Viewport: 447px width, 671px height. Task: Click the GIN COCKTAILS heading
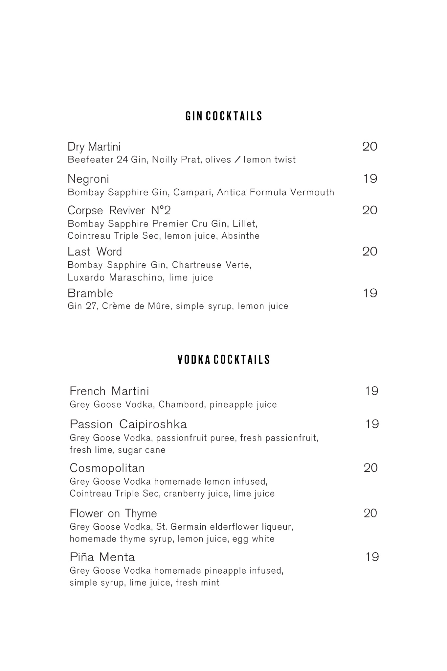(224, 116)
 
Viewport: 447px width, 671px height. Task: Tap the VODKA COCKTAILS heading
(224, 360)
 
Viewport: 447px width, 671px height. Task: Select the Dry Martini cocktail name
(94, 147)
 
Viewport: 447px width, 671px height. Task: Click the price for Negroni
(370, 179)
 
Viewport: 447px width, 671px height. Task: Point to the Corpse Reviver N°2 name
(119, 210)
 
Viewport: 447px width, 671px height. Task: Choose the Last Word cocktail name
(95, 252)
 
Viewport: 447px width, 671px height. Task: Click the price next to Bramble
(370, 293)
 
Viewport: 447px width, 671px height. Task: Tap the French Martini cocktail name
(109, 391)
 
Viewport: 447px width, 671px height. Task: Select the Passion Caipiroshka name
(128, 424)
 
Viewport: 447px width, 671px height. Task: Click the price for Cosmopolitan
(370, 468)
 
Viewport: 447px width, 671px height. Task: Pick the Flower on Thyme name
(113, 513)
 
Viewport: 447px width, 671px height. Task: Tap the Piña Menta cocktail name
(102, 557)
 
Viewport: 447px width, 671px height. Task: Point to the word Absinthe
(240, 236)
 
